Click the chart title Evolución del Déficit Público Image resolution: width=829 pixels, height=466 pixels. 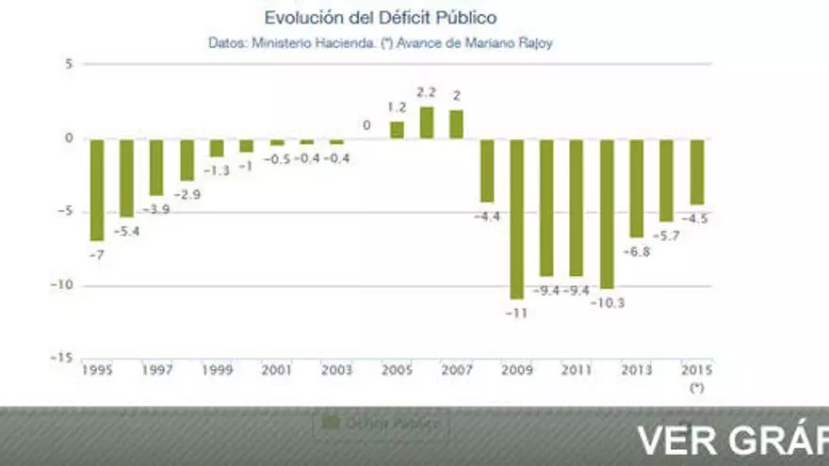[x=381, y=18]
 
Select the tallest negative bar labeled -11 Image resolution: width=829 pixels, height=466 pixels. [x=516, y=218]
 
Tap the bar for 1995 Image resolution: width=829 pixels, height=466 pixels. [x=96, y=189]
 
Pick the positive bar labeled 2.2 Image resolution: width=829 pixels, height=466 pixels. [x=427, y=122]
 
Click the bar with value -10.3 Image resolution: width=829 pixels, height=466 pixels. [x=607, y=214]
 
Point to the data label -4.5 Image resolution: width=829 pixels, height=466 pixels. [x=697, y=218]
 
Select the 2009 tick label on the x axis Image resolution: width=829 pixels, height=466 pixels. [x=516, y=370]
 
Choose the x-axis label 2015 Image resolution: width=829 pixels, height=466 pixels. [x=696, y=370]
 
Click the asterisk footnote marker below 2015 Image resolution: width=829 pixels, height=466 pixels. [x=696, y=387]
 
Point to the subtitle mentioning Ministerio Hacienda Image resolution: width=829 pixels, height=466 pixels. [x=381, y=43]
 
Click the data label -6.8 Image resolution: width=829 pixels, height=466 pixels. [x=637, y=252]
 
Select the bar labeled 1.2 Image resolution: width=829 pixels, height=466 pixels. [x=397, y=130]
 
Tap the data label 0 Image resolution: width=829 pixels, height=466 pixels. [x=366, y=125]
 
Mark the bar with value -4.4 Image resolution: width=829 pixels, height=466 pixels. [x=487, y=170]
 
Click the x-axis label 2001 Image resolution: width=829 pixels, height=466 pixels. [x=276, y=370]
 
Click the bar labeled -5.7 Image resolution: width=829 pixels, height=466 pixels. [x=667, y=180]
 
